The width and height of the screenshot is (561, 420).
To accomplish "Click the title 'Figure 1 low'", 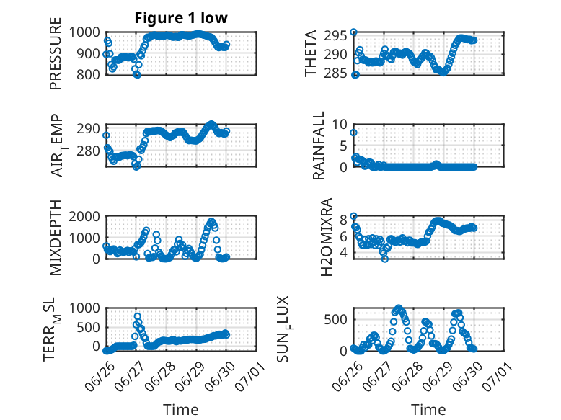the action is (x=181, y=18).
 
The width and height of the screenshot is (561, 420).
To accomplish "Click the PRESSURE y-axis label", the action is (x=56, y=53).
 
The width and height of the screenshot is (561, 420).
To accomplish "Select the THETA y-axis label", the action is (x=311, y=53).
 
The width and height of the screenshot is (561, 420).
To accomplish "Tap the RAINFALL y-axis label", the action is (x=318, y=146).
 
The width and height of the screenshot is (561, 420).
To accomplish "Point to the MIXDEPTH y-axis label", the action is (x=56, y=238).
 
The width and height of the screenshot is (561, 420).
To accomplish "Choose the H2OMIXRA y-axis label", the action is (x=327, y=237).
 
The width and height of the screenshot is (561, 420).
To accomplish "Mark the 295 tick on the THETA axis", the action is (x=335, y=36).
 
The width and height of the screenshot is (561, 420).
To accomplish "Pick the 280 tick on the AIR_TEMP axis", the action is (x=88, y=151).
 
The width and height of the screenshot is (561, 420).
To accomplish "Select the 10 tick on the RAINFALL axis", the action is (x=340, y=125).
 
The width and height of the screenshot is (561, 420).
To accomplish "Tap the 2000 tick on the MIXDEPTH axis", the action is (x=84, y=217).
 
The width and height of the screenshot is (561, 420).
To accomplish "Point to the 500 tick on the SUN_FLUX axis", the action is (x=335, y=320).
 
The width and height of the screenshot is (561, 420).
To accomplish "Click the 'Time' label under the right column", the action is (x=428, y=410).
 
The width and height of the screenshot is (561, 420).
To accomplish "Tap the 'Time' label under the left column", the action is (x=181, y=410).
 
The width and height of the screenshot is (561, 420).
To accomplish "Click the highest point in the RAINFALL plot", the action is (x=353, y=133).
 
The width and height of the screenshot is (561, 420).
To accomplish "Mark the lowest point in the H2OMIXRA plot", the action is (x=384, y=259).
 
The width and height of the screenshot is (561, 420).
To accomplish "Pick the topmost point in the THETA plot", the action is (x=353, y=32).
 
